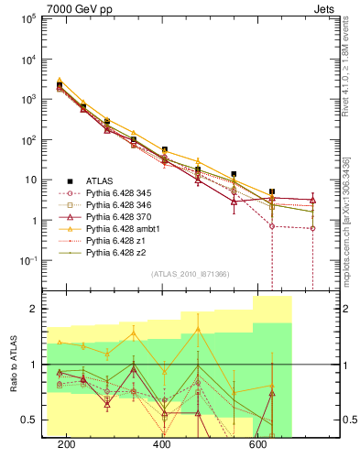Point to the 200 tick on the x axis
(x=66, y=444)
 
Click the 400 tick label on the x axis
(x=162, y=444)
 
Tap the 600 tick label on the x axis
(x=258, y=444)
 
